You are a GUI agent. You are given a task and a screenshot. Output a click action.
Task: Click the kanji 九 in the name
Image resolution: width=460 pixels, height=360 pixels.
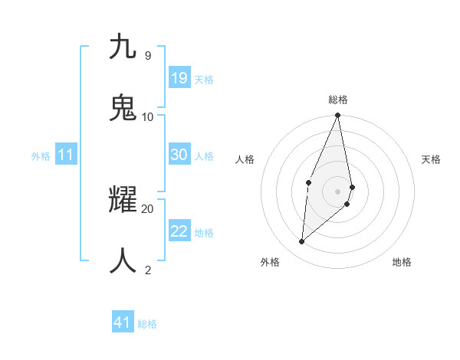point(123,47)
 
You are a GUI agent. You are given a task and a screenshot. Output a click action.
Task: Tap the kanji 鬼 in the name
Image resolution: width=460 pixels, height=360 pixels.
point(123,108)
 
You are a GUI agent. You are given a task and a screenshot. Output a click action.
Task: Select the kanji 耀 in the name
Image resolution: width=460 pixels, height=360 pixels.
point(123,200)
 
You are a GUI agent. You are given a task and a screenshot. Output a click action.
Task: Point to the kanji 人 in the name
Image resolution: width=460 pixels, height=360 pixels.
point(123,261)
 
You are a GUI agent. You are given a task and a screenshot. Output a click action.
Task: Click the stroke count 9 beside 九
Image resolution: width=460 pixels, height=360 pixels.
point(147,55)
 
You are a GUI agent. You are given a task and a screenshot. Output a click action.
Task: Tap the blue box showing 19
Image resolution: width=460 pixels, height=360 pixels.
point(179,78)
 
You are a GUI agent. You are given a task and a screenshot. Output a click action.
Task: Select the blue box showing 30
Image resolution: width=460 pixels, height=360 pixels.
point(179,155)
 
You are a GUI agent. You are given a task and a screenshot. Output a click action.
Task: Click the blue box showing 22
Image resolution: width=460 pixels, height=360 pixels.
point(179,231)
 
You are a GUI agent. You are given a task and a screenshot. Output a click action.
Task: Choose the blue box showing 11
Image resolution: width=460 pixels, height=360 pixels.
point(66,155)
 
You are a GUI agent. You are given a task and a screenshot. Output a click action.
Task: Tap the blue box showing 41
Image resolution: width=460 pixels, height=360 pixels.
point(123,322)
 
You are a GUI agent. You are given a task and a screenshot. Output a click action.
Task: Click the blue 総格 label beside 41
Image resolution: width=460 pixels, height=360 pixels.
point(148,324)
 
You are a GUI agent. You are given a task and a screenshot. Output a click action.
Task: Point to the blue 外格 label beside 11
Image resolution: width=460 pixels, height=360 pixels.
point(41,156)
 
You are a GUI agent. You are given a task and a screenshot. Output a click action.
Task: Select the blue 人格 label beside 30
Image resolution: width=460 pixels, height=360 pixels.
point(204,156)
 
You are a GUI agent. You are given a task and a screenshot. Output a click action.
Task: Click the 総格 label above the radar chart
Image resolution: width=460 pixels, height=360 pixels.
point(338,100)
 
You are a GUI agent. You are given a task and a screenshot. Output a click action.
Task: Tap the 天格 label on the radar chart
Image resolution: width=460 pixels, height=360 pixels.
point(431,159)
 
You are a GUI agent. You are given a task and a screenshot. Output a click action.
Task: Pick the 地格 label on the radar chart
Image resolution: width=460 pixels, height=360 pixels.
point(402,262)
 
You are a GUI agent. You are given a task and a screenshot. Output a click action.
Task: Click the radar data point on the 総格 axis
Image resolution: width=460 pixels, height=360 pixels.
point(338,116)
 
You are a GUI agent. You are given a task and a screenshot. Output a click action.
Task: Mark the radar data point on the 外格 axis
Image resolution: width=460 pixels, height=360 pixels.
point(302,241)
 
